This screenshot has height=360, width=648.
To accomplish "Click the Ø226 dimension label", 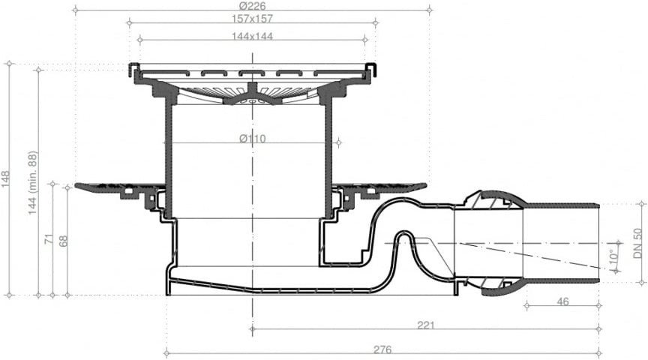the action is click(x=252, y=6).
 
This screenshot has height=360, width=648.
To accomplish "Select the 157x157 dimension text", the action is click(x=252, y=19).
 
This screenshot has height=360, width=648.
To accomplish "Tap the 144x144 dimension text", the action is click(x=252, y=36).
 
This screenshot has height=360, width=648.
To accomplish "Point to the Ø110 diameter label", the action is click(x=253, y=139).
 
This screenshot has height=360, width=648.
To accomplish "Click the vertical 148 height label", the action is click(x=6, y=179).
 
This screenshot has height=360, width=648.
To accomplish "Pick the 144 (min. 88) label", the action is click(x=33, y=183).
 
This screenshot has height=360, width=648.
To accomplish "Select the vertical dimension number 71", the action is click(x=49, y=238).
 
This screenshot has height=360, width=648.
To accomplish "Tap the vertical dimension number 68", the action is click(x=63, y=241).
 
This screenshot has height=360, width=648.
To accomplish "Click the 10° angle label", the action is click(x=614, y=256).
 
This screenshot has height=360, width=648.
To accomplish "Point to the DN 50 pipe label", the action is click(x=637, y=244).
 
